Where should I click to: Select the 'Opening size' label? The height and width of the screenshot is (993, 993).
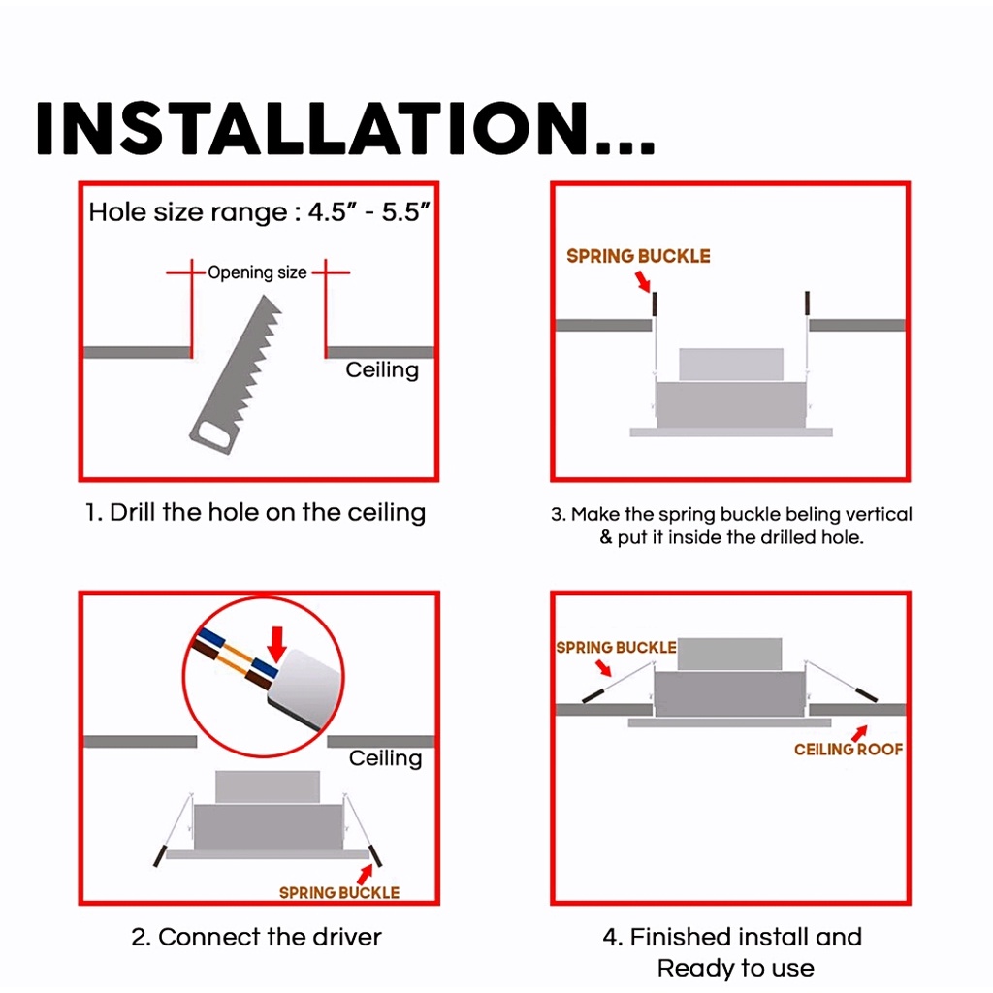pos(257,272)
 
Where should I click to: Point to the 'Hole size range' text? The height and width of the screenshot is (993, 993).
pos(259,212)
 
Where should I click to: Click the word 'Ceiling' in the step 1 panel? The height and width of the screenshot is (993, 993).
pos(382,369)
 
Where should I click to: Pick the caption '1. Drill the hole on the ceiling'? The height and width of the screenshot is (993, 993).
pos(255,512)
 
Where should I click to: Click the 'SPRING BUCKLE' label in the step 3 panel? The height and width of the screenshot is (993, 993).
pos(638,256)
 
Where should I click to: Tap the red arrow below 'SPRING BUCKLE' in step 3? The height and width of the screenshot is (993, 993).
pos(643,281)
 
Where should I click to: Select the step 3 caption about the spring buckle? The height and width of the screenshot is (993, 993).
pos(731,525)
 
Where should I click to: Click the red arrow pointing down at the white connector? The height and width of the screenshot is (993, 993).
pos(276,644)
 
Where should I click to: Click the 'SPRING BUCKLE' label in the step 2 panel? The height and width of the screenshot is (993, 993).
pos(339,892)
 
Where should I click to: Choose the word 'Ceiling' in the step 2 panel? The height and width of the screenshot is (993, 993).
pos(386,758)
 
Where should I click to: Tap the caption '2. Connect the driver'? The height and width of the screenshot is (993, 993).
pos(256,937)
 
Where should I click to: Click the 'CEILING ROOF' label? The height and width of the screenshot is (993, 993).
pos(849,750)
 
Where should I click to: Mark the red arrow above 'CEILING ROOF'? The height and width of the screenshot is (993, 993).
pos(859,733)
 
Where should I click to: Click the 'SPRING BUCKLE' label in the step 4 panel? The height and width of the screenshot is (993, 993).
pos(616,647)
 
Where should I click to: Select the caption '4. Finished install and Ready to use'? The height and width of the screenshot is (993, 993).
pos(733,952)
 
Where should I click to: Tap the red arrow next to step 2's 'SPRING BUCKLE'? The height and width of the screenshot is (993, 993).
pos(365,875)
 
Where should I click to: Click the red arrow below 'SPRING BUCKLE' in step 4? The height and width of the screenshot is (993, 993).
pos(603,668)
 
